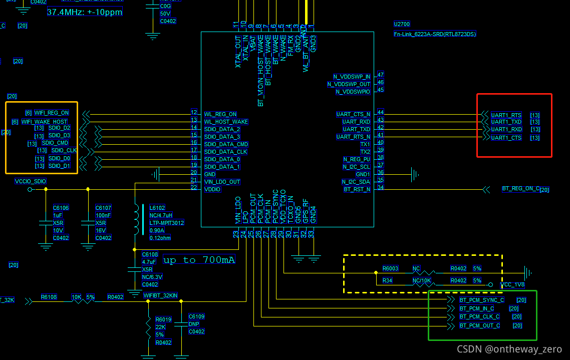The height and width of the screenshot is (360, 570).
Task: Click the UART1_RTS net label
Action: pos(506,115)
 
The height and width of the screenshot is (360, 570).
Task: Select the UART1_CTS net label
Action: pos(506,138)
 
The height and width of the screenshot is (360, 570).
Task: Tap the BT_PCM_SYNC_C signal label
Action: pos(482,300)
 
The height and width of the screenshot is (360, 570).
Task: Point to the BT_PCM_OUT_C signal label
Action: pos(480,325)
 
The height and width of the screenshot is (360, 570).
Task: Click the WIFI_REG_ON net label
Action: pos(52,113)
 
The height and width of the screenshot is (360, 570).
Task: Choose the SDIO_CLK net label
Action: pos(64,150)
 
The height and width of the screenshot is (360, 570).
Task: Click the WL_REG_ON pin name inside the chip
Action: pos(220,114)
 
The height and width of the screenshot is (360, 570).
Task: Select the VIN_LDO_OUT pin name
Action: pos(222,182)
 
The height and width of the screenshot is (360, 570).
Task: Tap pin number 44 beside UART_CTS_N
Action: pos(381,113)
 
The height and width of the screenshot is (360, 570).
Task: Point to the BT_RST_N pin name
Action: pos(357,189)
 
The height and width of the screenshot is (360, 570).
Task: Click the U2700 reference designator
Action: pos(402,24)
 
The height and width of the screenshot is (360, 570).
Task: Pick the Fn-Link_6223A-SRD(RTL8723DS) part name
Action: pos(435,34)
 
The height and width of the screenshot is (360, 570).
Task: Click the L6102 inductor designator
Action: pos(157,207)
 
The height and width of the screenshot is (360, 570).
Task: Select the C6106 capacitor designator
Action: pos(61,208)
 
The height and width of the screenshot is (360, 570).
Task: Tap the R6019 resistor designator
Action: pos(163,319)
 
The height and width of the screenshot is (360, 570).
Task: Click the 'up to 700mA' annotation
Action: pos(199,260)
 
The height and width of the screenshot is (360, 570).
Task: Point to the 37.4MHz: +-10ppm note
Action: pos(85,12)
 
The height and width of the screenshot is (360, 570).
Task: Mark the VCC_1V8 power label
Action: pos(512,285)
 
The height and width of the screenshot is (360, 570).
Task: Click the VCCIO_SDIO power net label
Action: pos(31,181)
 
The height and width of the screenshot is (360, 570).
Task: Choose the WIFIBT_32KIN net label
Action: pos(160,295)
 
